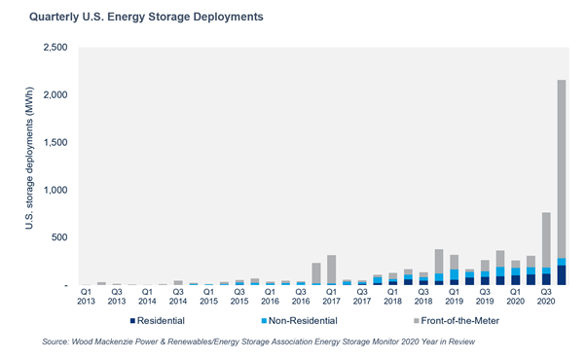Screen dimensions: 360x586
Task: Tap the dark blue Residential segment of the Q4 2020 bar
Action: click(562, 275)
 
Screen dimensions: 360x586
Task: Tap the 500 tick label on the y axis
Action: click(61, 237)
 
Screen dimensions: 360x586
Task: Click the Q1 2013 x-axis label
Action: click(87, 296)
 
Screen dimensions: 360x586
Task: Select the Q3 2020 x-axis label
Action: click(546, 296)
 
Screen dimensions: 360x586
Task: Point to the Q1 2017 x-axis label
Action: click(332, 296)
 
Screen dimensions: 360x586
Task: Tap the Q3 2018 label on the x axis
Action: click(423, 296)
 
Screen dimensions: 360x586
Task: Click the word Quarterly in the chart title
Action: click(55, 18)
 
